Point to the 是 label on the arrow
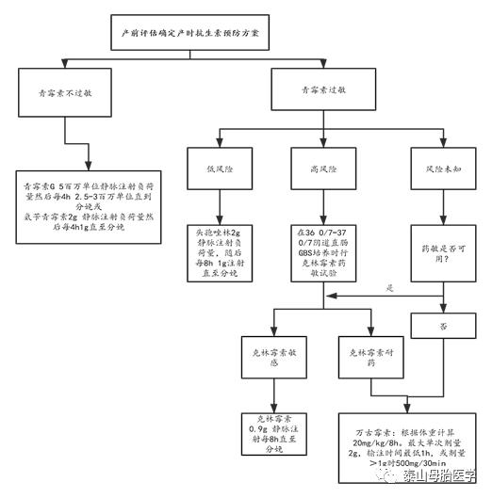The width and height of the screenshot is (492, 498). (388, 289)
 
